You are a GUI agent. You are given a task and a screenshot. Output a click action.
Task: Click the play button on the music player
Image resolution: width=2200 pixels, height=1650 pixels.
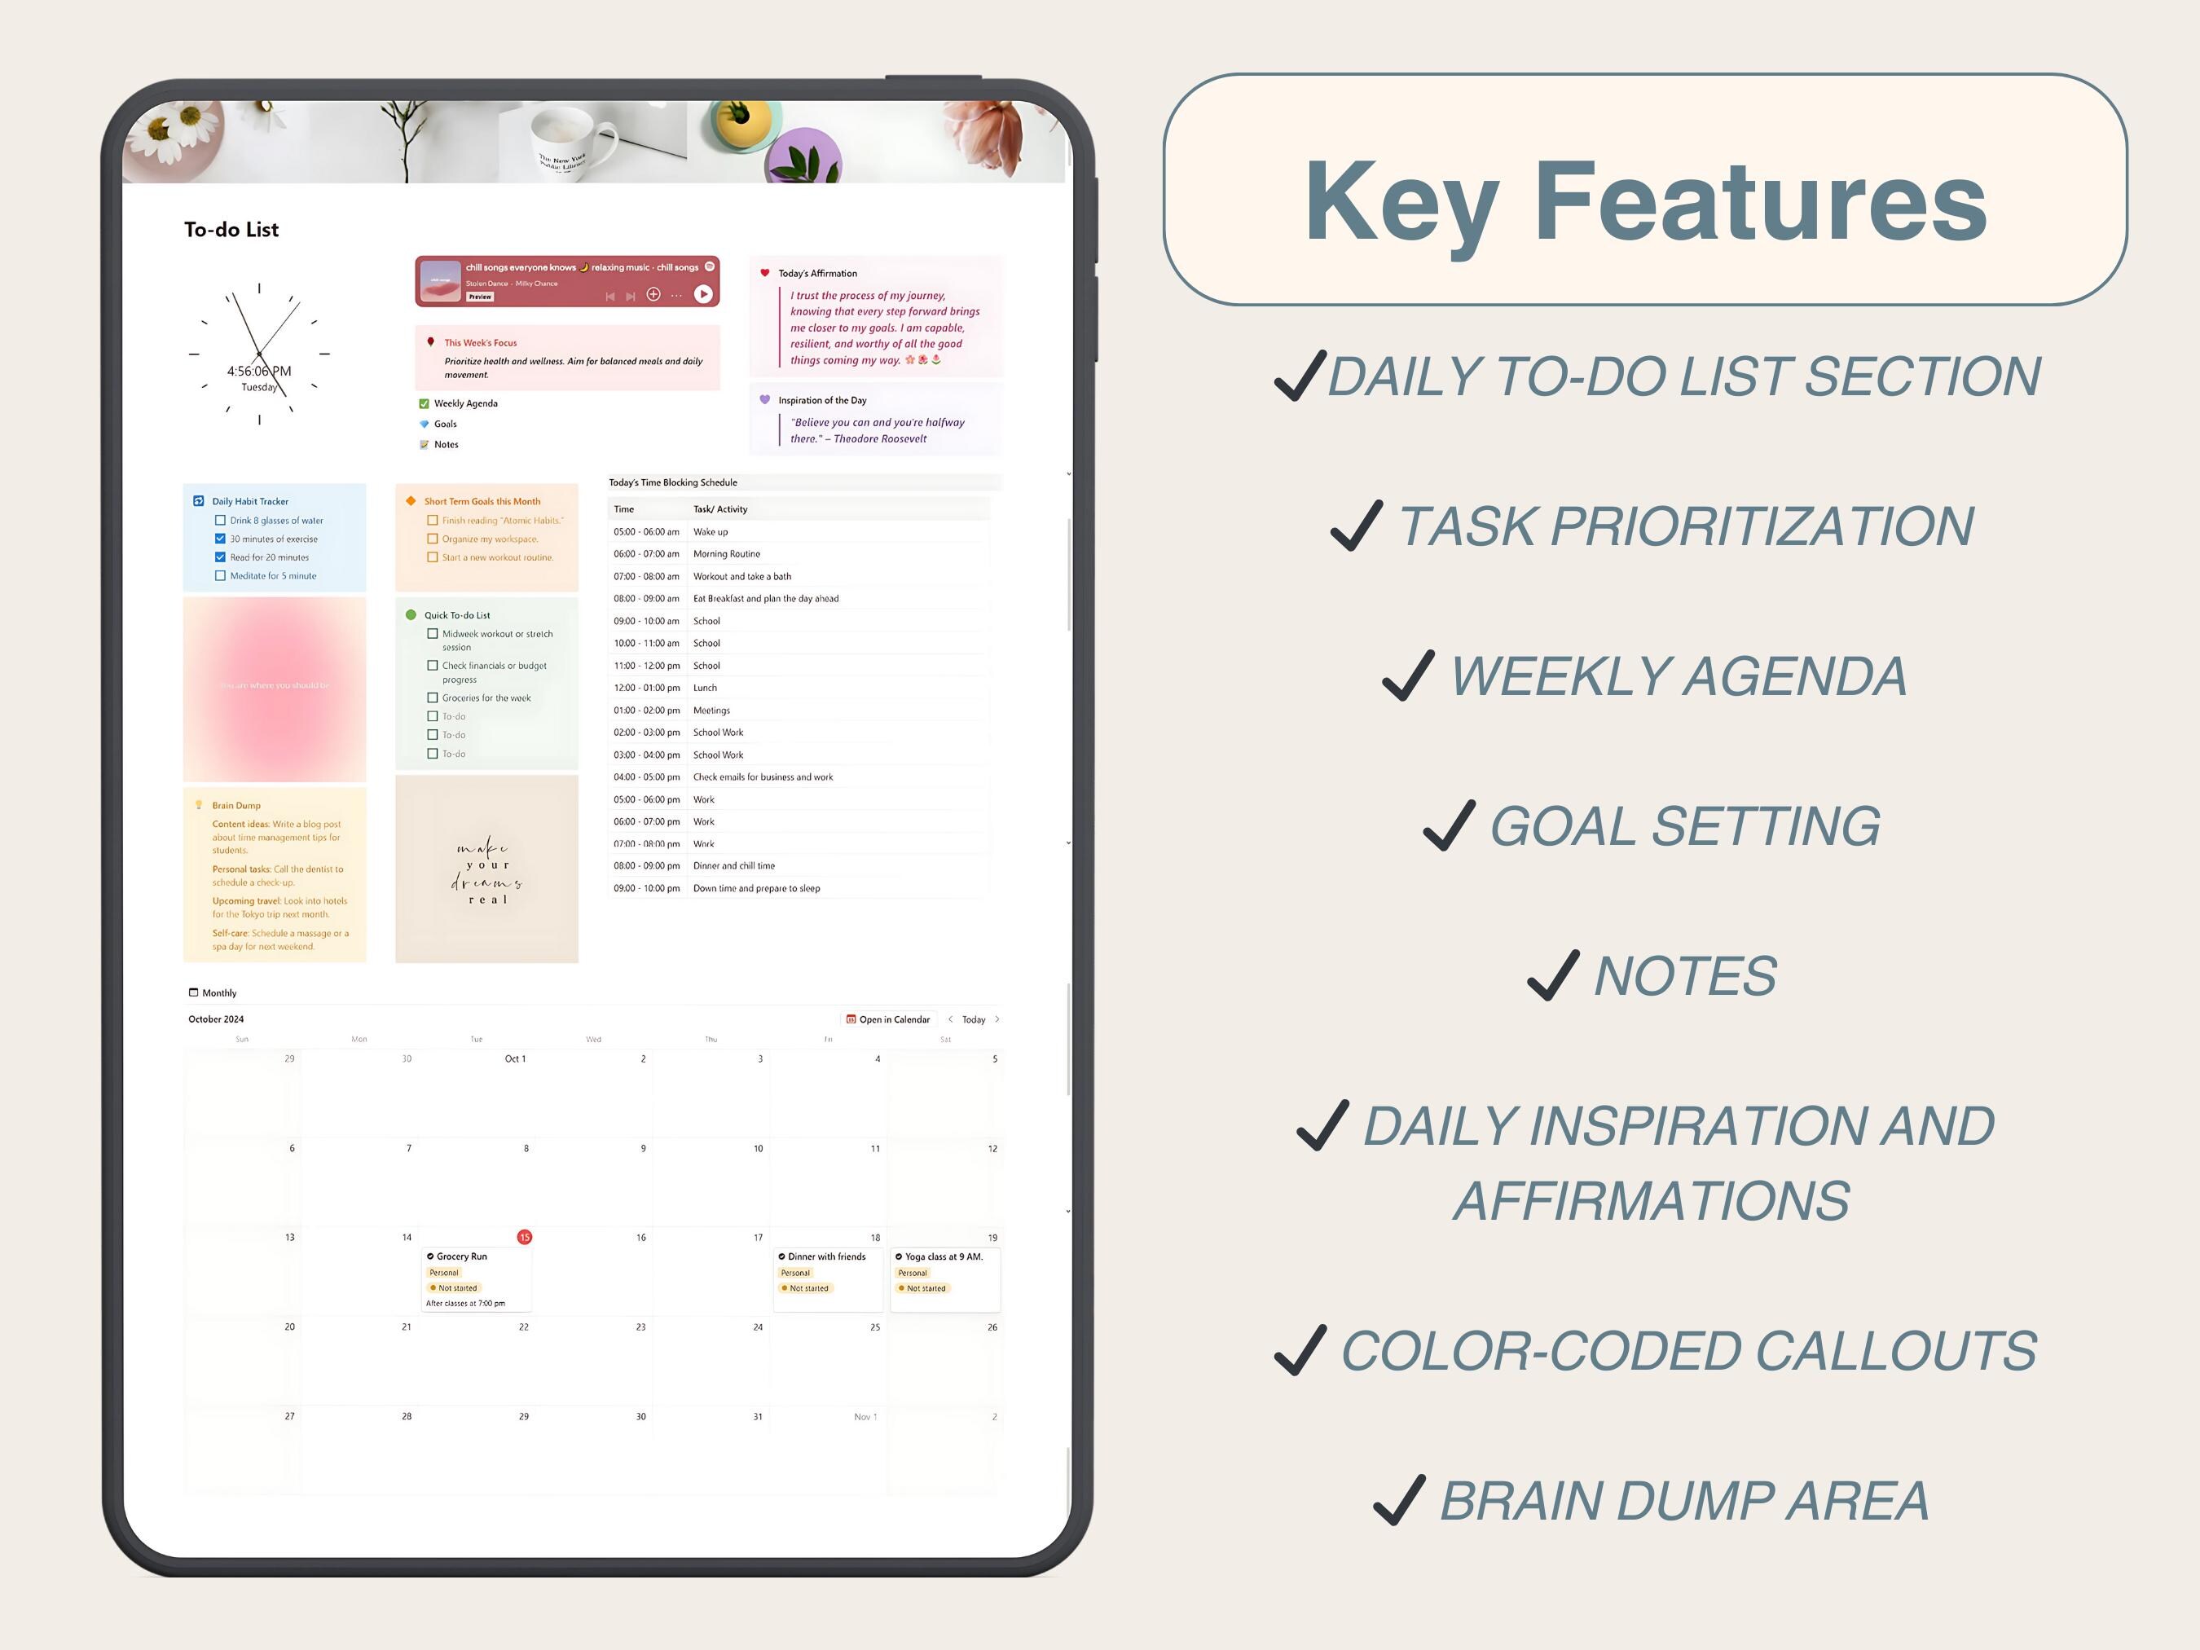[x=702, y=293]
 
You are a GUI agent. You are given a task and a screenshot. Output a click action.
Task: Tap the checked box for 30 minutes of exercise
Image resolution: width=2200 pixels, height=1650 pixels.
[x=220, y=539]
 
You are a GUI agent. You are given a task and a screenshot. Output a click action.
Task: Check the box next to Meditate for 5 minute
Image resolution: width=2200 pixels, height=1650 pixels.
[x=220, y=576]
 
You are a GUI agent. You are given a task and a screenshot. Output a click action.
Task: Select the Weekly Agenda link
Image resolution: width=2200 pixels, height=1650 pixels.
[x=465, y=404]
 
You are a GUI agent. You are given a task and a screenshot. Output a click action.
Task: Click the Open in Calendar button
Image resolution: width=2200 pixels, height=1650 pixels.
[x=887, y=1019]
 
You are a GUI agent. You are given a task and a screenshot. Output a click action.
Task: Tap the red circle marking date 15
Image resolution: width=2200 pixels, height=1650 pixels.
[x=524, y=1237]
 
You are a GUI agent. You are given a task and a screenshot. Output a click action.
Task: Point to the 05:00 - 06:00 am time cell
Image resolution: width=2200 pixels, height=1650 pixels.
[x=646, y=532]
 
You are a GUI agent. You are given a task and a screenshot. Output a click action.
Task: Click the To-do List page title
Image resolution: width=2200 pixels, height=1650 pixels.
[x=231, y=230]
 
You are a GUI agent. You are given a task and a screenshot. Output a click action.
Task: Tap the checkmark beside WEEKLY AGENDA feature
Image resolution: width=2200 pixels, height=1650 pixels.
[x=1408, y=676]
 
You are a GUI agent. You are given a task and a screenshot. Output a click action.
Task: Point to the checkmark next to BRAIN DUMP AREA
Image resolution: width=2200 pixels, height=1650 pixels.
[x=1398, y=1501]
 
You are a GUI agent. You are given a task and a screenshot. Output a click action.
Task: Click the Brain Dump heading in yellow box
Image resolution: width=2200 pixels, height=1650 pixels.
[x=237, y=806]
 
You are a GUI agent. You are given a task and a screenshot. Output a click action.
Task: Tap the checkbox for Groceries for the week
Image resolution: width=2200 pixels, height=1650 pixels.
[x=433, y=698]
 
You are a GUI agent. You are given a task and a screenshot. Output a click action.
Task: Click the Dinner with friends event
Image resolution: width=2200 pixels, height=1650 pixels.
[x=826, y=1257]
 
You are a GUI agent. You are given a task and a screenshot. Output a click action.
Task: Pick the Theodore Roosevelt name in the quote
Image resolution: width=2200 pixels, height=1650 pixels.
[x=880, y=438]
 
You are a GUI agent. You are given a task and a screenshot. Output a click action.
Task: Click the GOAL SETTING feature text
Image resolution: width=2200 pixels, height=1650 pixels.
[x=1685, y=826]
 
